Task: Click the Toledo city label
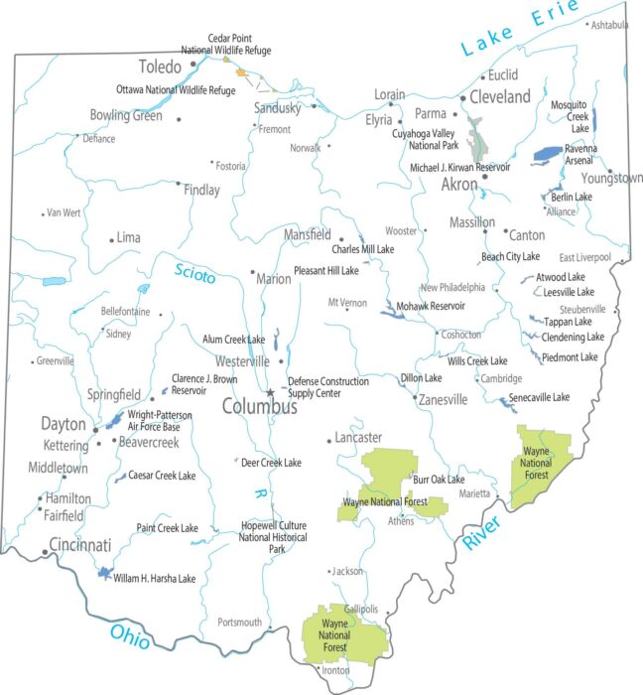[160, 68]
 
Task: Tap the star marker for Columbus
[269, 392]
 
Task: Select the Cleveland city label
[499, 96]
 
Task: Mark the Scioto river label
[194, 273]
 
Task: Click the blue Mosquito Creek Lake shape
[594, 119]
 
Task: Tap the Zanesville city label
[441, 400]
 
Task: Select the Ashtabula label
[609, 25]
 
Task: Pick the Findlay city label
[201, 190]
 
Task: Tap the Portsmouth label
[239, 623]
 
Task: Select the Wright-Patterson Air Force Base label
[160, 420]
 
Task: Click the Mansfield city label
[307, 235]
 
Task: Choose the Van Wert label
[64, 212]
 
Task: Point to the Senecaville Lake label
[539, 397]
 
